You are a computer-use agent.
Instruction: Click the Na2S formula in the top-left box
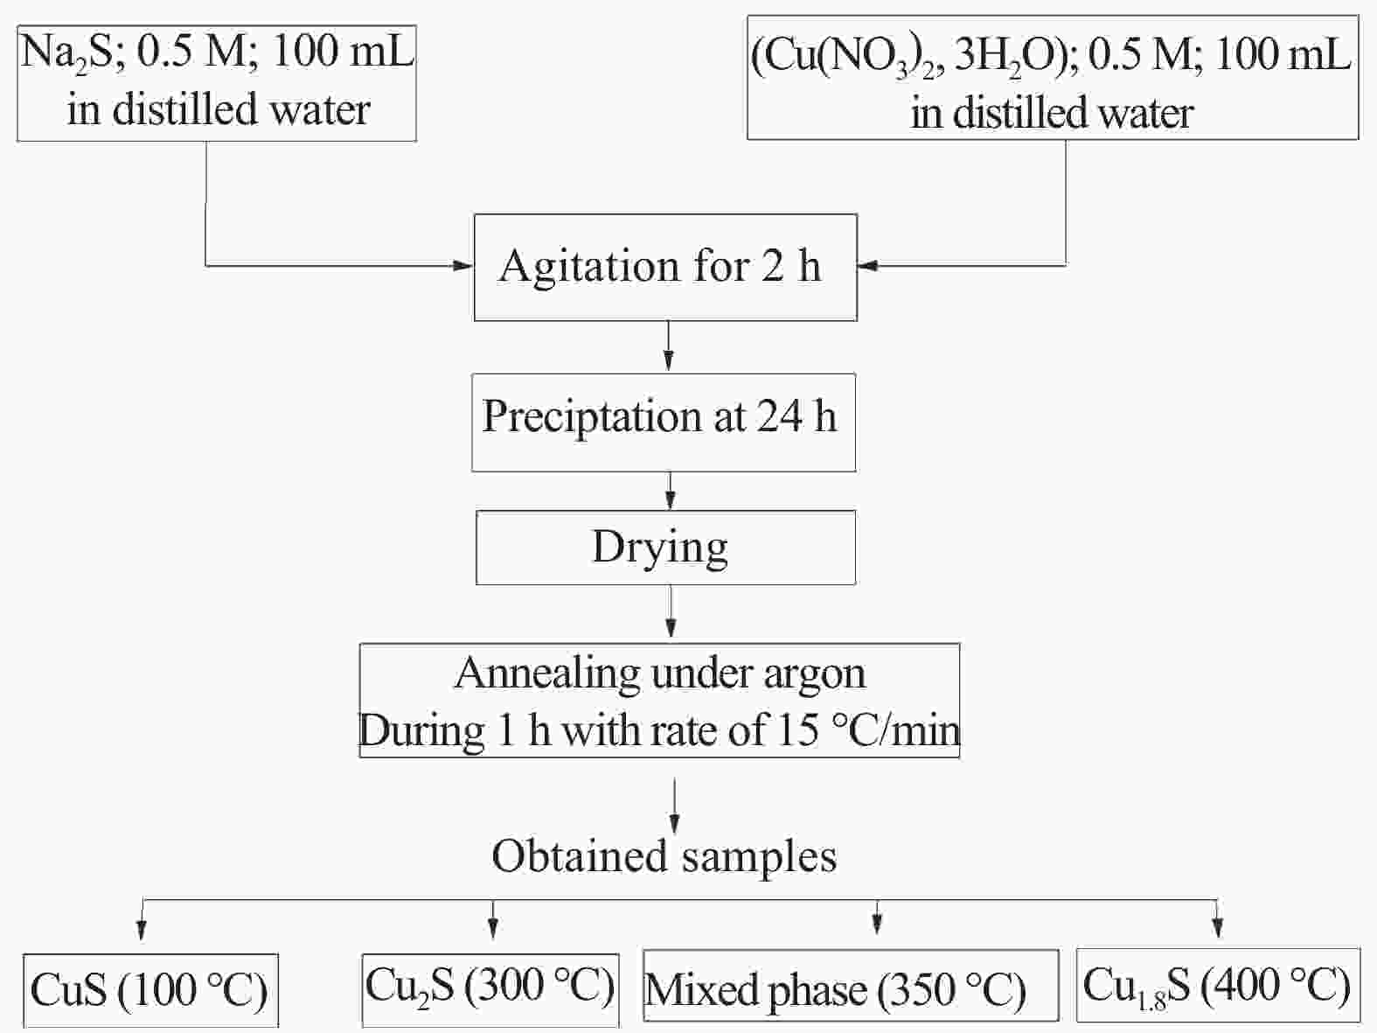coord(66,52)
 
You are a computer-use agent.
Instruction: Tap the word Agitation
coord(588,268)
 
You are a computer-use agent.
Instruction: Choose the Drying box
coord(665,548)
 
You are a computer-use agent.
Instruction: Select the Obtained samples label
coord(664,855)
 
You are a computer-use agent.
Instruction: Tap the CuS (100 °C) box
coord(150,989)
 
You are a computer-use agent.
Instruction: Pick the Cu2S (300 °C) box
coord(490,989)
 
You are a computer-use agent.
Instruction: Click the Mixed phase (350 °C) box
coord(851,985)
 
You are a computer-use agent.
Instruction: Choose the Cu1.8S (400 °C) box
coord(1218,985)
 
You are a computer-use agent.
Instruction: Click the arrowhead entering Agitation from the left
coord(463,266)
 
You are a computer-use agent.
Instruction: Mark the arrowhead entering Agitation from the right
coord(868,266)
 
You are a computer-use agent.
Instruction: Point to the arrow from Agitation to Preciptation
coord(668,346)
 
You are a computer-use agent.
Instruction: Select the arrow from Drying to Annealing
coord(671,611)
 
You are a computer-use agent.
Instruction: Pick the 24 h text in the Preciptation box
coord(796,415)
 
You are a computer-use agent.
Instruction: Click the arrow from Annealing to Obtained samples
coord(674,806)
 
